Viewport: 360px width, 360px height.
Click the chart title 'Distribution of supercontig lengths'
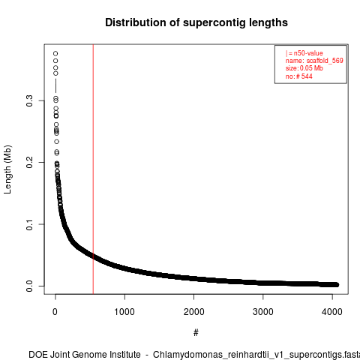tap(196, 22)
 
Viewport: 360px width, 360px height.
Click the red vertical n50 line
tap(93, 169)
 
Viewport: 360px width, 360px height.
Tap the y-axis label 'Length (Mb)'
tap(7, 169)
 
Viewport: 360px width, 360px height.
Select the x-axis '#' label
tap(196, 333)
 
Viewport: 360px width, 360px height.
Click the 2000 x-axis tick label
tap(193, 312)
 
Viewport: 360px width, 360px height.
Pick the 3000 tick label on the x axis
tap(263, 312)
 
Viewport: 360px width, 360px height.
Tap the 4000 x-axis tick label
tap(332, 312)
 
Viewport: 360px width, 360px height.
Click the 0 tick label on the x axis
tap(55, 312)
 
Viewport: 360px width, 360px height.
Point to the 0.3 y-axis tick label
tap(29, 100)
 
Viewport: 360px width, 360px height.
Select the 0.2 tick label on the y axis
tap(29, 162)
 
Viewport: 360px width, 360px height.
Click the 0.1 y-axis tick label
tap(29, 224)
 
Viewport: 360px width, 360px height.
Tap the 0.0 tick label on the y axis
tap(29, 286)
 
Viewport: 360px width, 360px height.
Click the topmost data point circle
tap(55, 53)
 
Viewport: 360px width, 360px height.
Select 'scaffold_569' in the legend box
tap(325, 61)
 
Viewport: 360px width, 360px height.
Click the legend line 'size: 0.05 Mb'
tap(304, 68)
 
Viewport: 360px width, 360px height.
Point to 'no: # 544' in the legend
tap(299, 76)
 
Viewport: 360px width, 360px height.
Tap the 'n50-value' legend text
tap(308, 53)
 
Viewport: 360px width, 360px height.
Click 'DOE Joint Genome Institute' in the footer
tap(85, 355)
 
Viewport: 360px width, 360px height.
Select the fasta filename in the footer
tap(256, 355)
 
